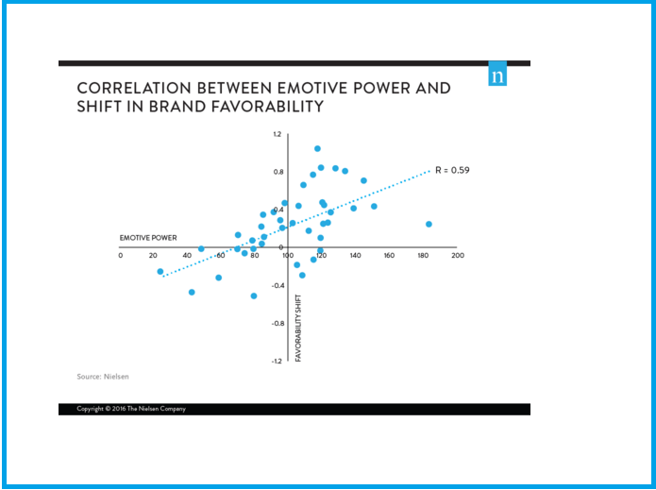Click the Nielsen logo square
497,76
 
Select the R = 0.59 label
452,170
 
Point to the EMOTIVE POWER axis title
148,237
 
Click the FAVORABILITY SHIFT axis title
298,327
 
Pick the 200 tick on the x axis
457,256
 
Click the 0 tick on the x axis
121,256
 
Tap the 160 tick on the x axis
389,256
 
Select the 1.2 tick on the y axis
278,134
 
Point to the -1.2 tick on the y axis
277,362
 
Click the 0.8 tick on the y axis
278,172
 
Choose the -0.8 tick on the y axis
277,324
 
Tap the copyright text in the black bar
131,409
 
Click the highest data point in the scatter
317,148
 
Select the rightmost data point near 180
429,224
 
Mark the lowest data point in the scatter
254,296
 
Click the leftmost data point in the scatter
160,271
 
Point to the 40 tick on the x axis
188,256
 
